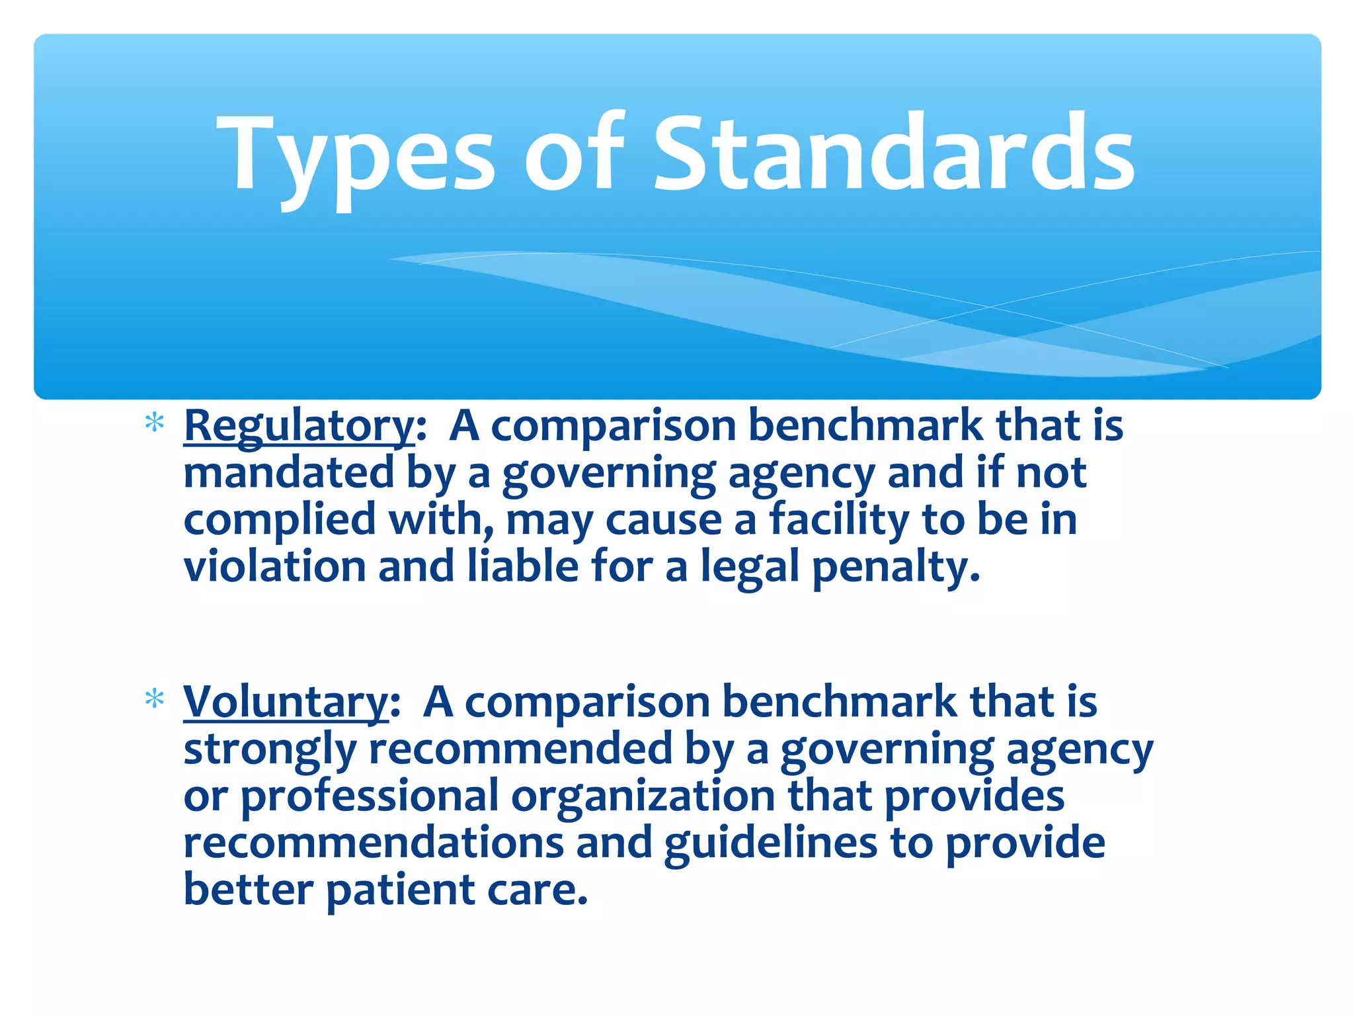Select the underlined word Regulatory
tap(299, 427)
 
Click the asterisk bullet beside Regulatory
tap(154, 423)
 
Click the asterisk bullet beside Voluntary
tap(154, 698)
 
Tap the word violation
tap(274, 567)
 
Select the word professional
tap(369, 797)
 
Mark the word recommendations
tap(374, 843)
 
